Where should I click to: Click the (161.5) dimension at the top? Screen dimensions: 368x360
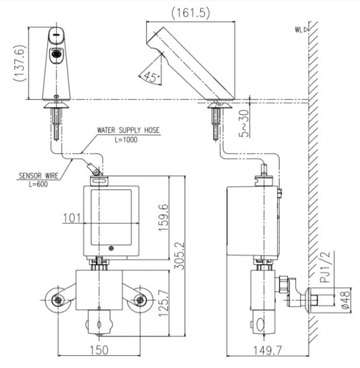click(190, 12)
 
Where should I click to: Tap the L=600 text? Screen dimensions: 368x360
click(36, 183)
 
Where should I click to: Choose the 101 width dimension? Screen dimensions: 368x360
click(71, 219)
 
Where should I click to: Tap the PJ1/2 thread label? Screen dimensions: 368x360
click(326, 266)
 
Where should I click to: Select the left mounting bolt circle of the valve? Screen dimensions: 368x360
click(58, 300)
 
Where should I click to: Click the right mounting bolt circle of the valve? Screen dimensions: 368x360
click(140, 300)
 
